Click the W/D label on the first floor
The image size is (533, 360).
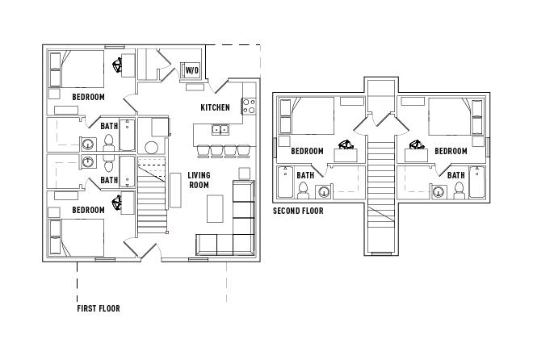coord(192,71)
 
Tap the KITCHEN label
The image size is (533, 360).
coord(216,107)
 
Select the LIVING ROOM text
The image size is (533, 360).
coord(199,180)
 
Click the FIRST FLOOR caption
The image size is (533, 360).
coord(99,308)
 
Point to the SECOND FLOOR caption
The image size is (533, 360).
coord(298,211)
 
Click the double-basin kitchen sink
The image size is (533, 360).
coord(220,129)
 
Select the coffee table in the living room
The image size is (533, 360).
coord(215,209)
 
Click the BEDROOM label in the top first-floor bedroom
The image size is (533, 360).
coord(88,97)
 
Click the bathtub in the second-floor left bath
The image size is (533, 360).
coord(286,183)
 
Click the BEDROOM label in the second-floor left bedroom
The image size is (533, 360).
coord(307,151)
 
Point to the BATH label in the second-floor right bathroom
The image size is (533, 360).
coord(455,174)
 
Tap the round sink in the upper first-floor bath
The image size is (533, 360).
coord(87,145)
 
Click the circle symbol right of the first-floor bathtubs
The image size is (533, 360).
coord(151,148)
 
